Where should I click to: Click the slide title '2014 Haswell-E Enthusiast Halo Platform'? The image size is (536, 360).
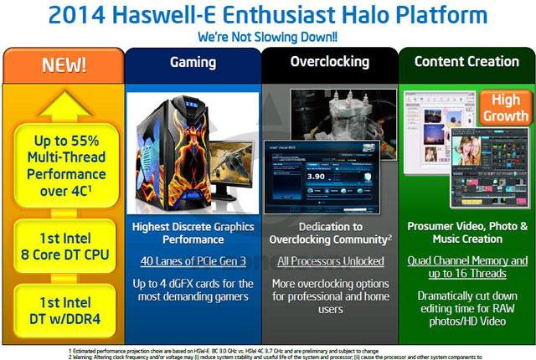tap(267, 16)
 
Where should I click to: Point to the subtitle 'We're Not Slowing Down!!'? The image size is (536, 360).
tap(267, 38)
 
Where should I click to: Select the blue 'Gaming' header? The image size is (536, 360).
tap(192, 62)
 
